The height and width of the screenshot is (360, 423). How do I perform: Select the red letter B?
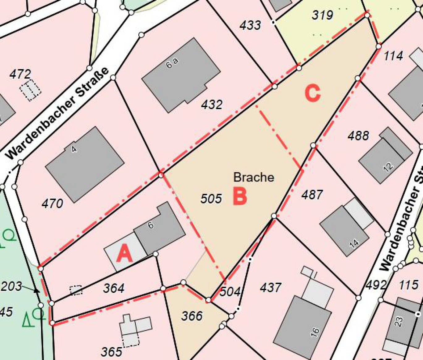tap(240, 196)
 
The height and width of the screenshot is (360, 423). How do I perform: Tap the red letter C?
tap(313, 93)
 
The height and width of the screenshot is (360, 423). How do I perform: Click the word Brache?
tap(254, 177)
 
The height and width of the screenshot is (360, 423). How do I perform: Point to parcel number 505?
tap(211, 199)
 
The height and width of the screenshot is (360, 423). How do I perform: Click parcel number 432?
tap(212, 105)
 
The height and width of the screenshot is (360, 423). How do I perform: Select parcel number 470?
tap(52, 204)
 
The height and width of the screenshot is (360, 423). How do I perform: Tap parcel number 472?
tap(20, 74)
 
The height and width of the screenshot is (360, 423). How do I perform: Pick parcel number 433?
tap(250, 25)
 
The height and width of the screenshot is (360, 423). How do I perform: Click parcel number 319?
tap(322, 15)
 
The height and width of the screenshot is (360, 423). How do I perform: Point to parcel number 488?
tap(358, 135)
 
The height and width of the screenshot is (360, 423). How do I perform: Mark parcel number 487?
tap(312, 195)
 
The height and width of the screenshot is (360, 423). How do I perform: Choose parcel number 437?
tap(271, 288)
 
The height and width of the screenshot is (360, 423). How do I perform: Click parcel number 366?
tap(192, 316)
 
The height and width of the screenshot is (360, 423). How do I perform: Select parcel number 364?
tap(114, 288)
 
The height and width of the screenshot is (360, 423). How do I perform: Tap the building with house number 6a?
tap(181, 75)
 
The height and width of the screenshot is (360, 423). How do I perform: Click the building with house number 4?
tap(85, 164)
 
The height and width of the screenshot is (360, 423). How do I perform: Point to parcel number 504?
tap(230, 291)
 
